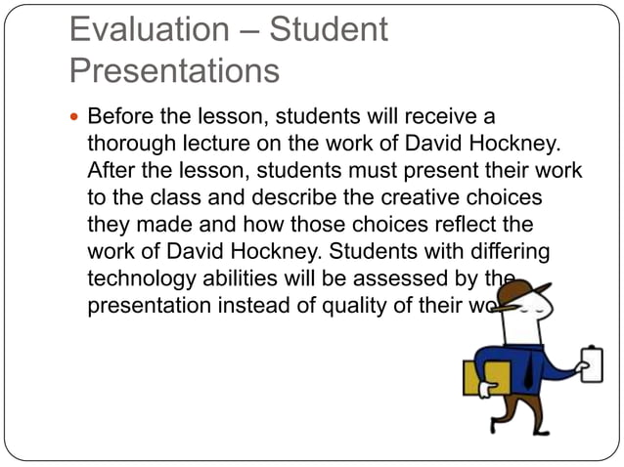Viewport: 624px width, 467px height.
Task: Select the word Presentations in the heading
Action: [x=175, y=71]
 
